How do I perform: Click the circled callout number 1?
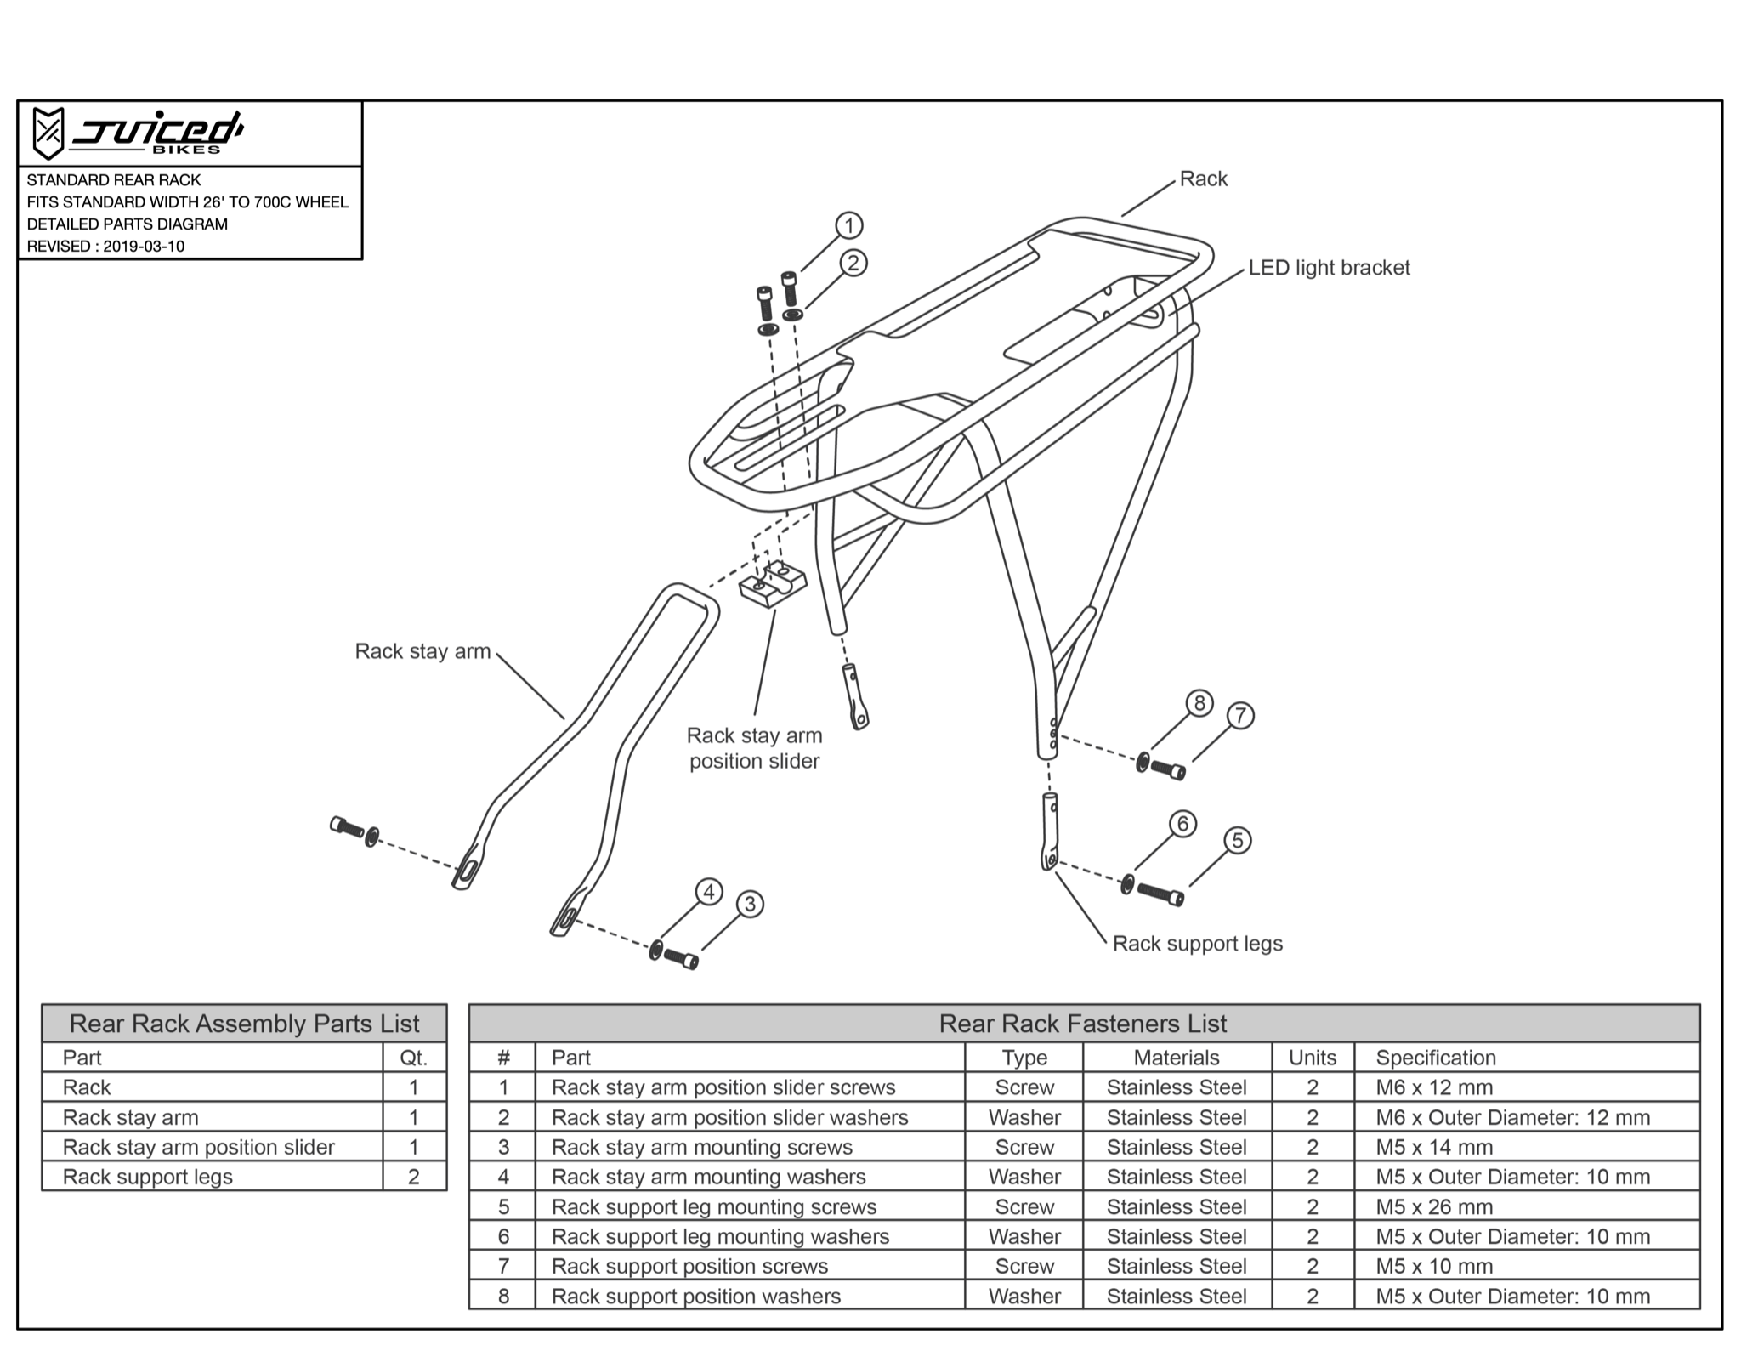848,225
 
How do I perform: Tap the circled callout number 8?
1199,703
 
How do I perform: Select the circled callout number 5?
1237,841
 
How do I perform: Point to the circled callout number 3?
749,904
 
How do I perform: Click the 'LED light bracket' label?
1328,268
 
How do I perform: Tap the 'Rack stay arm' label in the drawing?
422,651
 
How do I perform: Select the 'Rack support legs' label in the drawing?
1197,944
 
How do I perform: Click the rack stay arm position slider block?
772,584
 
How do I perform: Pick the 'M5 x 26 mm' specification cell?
1434,1206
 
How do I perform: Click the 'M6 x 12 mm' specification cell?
1434,1087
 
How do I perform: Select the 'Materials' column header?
1176,1058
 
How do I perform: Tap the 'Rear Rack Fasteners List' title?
1082,1024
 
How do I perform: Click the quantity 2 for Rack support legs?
413,1177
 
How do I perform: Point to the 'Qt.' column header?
413,1058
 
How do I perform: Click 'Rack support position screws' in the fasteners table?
689,1266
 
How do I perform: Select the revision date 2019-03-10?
144,247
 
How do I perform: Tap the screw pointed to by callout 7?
1169,769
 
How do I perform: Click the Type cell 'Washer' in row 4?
1024,1177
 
